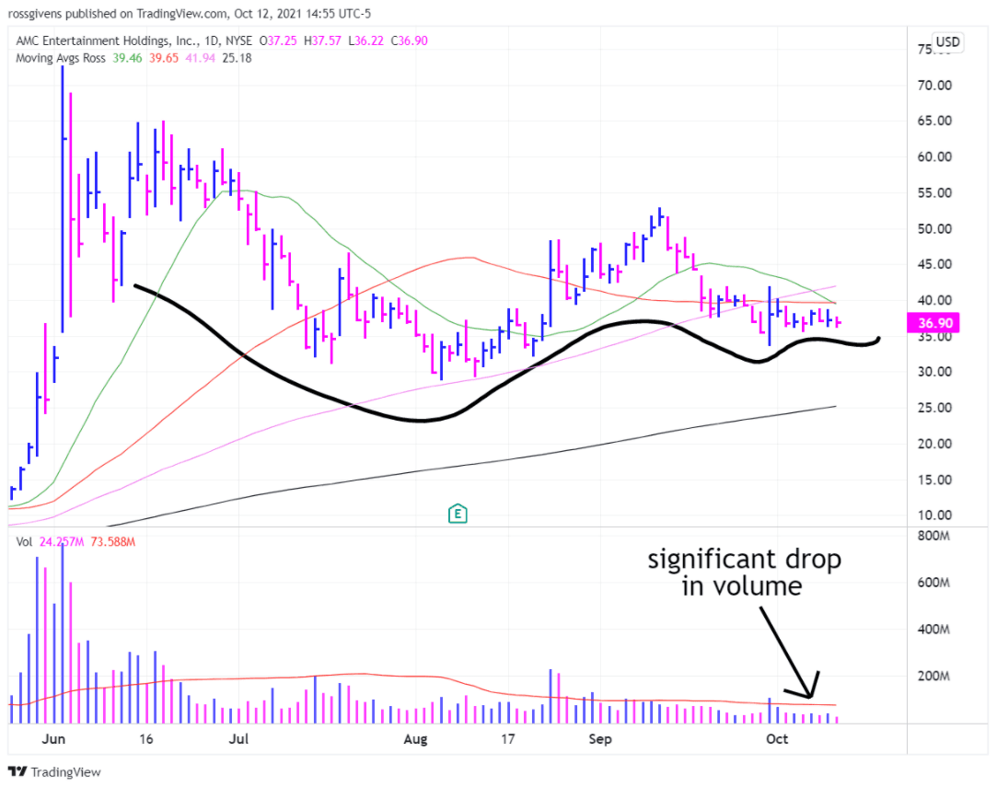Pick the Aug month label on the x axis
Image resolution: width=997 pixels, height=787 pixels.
416,738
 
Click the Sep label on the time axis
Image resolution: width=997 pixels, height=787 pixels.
600,738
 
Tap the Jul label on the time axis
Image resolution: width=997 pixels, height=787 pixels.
239,738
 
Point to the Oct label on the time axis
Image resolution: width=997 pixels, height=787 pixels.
777,738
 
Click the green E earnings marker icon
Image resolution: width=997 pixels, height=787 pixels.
457,514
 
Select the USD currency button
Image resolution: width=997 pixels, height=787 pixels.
947,42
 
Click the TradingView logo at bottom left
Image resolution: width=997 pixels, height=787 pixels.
55,772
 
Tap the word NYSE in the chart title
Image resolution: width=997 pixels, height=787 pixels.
239,41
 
